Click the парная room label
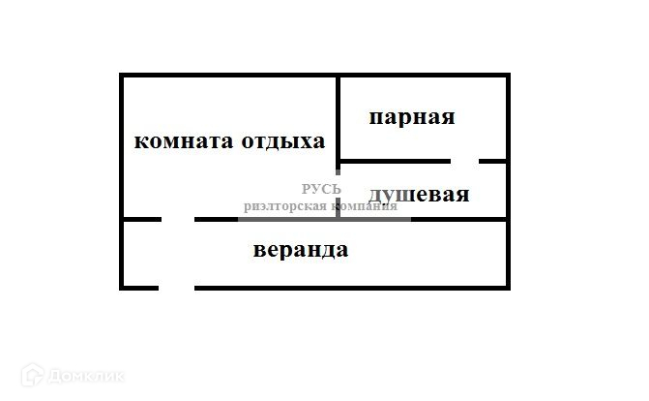coord(412,118)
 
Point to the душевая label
coord(419,195)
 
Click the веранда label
coord(301,251)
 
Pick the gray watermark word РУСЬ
coord(322,190)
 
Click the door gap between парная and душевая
coord(464,161)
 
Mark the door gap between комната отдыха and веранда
coord(178,220)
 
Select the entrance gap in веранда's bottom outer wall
coord(176,288)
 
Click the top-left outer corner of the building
coord(122,76)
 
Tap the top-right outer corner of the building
coord(507,76)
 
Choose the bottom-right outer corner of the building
coord(507,287)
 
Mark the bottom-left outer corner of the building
coord(122,287)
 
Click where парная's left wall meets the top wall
coord(339,76)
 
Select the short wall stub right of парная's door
coord(493,161)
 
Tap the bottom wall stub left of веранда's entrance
coord(139,288)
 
